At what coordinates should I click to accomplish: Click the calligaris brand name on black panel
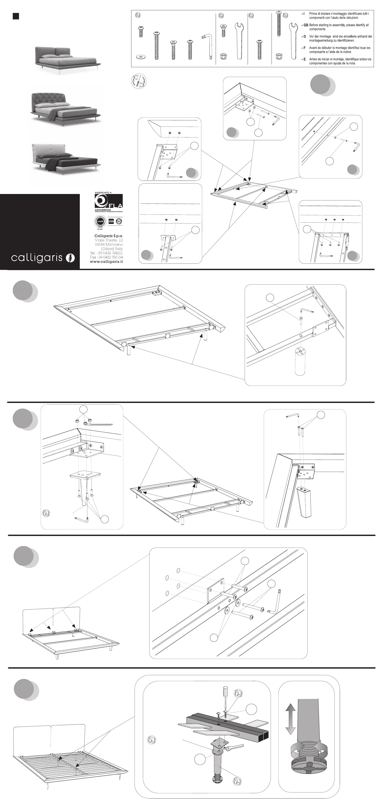pyautogui.click(x=37, y=258)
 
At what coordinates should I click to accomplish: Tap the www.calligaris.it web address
pyautogui.click(x=106, y=262)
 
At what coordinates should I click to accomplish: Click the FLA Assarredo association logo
pyautogui.click(x=109, y=201)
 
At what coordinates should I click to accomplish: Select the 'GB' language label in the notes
pyautogui.click(x=306, y=25)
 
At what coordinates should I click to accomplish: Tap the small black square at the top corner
pyautogui.click(x=16, y=16)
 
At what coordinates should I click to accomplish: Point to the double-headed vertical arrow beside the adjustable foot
pyautogui.click(x=290, y=719)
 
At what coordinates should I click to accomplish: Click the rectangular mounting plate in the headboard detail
pyautogui.click(x=216, y=590)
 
